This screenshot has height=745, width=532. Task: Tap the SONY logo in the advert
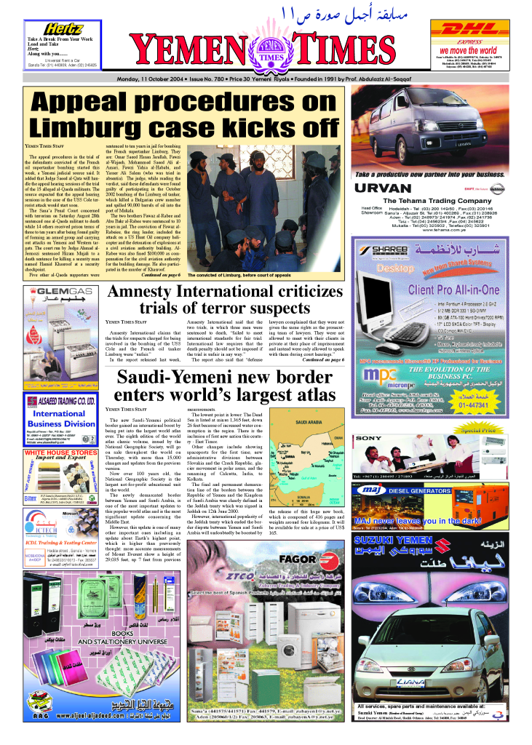(368, 439)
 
